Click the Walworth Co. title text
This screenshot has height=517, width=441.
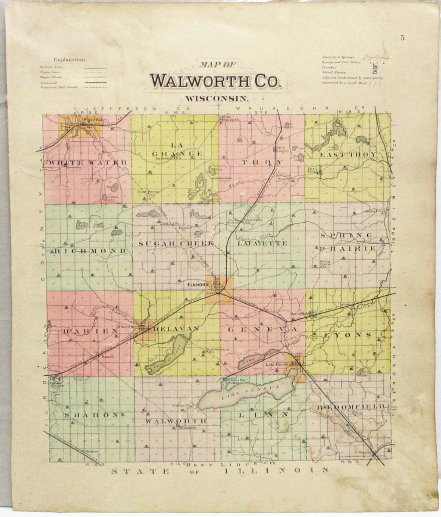pyautogui.click(x=215, y=81)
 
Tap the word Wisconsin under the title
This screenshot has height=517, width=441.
pyautogui.click(x=215, y=98)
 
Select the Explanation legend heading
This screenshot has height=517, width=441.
pyautogui.click(x=69, y=60)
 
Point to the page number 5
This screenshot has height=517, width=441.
pyautogui.click(x=402, y=37)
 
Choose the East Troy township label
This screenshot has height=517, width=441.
pyautogui.click(x=347, y=155)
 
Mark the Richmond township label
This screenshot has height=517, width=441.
pyautogui.click(x=89, y=250)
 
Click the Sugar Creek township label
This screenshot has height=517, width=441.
pyautogui.click(x=176, y=243)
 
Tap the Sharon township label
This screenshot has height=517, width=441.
pyautogui.click(x=90, y=414)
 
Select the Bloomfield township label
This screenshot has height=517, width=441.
pyautogui.click(x=350, y=406)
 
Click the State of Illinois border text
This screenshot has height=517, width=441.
pyautogui.click(x=220, y=470)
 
